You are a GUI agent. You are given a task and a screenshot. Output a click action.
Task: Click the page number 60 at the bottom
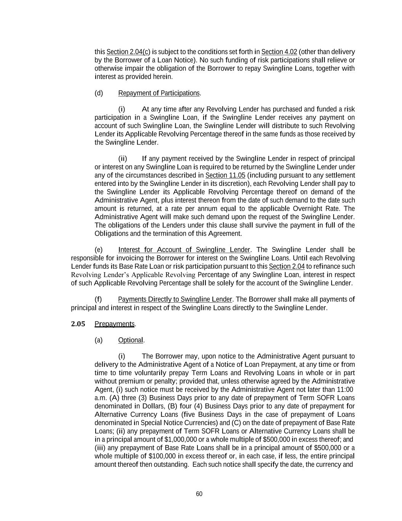pos(199,494)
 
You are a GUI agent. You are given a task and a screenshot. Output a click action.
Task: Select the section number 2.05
pos(78,324)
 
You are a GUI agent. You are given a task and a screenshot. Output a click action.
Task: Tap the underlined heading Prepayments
pos(114,324)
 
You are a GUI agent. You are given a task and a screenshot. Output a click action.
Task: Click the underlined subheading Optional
pos(130,340)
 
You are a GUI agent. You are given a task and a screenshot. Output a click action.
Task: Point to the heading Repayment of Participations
pos(159,93)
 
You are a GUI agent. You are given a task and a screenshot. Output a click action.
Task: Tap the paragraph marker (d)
pos(99,93)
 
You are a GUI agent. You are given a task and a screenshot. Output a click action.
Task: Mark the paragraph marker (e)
pos(99,250)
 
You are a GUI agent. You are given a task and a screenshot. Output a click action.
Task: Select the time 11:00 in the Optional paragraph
pos(345,390)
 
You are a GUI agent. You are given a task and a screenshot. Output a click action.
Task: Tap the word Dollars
pos(154,406)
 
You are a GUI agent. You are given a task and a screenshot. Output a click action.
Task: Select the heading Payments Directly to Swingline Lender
pos(175,299)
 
